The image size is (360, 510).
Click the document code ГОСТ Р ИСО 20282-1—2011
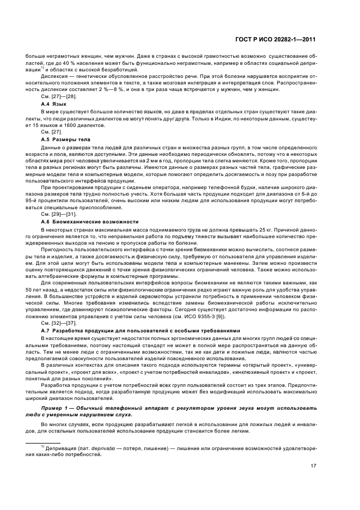click(x=284, y=40)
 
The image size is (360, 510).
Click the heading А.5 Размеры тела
click(x=63, y=139)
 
